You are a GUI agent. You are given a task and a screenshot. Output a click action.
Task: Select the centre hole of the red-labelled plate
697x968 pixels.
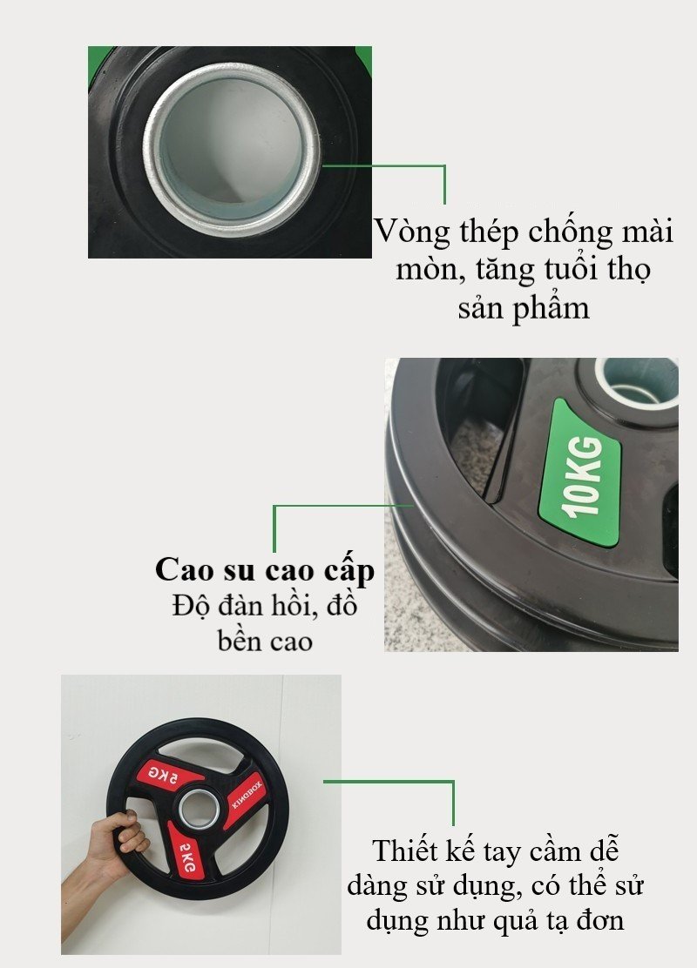(x=198, y=808)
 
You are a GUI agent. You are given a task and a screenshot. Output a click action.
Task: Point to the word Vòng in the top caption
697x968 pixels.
(x=412, y=232)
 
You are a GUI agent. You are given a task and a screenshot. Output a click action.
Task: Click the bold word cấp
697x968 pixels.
(x=348, y=570)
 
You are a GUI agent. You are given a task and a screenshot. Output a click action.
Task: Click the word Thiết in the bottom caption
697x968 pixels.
(x=404, y=851)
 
